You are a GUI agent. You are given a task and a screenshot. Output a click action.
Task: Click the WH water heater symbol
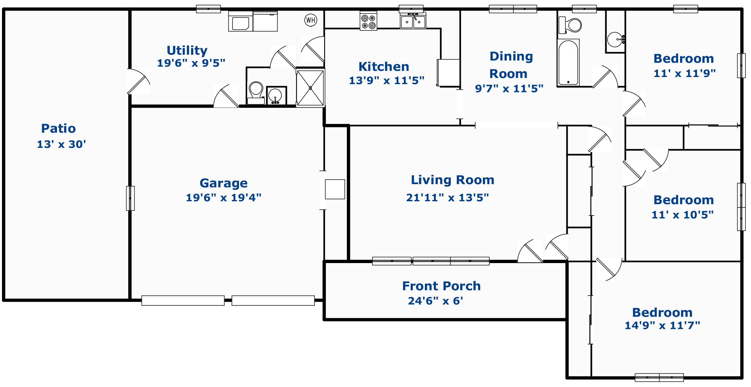coord(311,20)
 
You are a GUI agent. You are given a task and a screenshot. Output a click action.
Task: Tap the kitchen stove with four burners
coord(369,21)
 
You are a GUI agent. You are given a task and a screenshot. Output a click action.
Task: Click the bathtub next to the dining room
coord(568,63)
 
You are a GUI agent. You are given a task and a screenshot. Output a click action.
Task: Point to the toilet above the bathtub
coord(570,25)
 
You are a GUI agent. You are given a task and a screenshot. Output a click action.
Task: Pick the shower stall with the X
coord(310,88)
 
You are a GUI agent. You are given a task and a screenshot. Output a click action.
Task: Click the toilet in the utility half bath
coord(256,93)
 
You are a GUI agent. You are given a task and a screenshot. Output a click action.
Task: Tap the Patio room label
coord(59,128)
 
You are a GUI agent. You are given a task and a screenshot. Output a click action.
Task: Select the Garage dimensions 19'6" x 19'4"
coord(223,197)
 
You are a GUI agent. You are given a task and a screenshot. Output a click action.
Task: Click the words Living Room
coord(452,180)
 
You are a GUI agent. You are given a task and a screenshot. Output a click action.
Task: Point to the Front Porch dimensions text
coord(435,301)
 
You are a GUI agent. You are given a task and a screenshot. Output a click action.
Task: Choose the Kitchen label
coord(384,67)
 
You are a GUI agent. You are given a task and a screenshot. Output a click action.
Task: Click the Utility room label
coord(187,50)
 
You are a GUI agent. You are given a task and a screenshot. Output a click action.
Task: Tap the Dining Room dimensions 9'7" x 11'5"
coord(509,88)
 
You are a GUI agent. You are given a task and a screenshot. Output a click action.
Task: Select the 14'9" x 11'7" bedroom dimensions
coord(662,325)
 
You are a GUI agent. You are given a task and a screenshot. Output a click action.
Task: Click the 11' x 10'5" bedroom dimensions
coord(683,215)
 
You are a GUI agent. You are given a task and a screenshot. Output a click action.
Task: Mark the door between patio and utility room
coord(139,81)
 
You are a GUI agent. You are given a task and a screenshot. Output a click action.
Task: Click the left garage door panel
coord(183,301)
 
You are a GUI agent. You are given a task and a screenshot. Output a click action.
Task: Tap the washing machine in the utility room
coord(241,21)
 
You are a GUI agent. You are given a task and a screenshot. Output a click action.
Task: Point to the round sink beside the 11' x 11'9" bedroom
coord(615,39)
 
